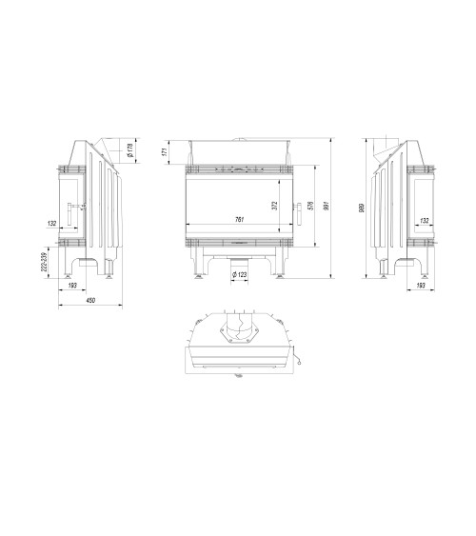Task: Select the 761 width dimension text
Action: click(239, 220)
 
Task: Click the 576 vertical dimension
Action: click(312, 207)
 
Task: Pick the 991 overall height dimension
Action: click(327, 208)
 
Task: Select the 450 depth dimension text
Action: click(90, 301)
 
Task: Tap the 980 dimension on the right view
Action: click(361, 209)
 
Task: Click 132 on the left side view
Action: click(52, 224)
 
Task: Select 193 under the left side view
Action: click(74, 285)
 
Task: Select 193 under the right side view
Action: click(422, 285)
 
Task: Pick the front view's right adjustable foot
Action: click(281, 277)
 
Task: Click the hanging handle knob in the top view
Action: click(298, 360)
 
